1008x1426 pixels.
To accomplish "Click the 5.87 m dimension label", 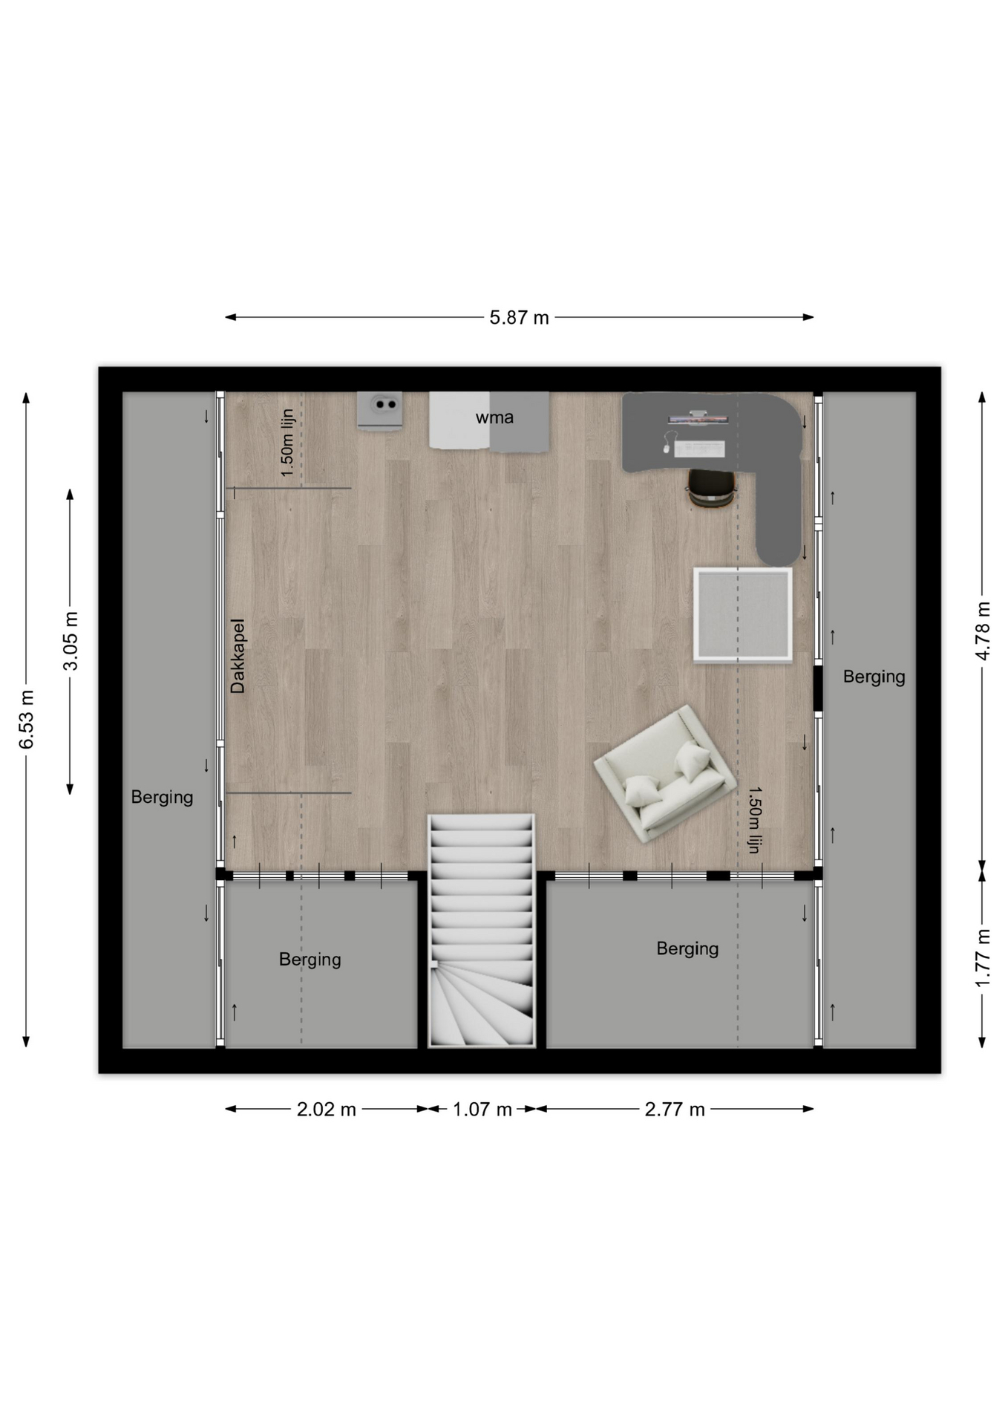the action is [x=519, y=318].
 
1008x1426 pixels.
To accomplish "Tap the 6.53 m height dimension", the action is [x=27, y=720].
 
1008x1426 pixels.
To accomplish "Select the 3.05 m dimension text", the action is [x=71, y=641].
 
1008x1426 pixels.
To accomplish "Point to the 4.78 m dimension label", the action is [x=982, y=631].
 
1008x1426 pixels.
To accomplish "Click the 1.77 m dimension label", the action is [x=982, y=958].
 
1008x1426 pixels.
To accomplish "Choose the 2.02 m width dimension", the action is [x=327, y=1110].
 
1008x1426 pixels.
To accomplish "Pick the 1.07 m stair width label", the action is [x=482, y=1110].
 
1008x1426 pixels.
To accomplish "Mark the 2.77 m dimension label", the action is [x=675, y=1110].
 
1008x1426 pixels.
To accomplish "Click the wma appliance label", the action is [x=494, y=417].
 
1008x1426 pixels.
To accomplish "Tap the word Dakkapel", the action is [x=238, y=656].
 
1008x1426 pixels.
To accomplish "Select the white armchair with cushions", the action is [x=665, y=773].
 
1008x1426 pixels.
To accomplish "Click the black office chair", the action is [x=711, y=487].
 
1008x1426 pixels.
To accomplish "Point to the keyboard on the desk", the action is [x=699, y=449].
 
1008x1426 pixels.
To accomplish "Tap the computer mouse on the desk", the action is [x=667, y=449].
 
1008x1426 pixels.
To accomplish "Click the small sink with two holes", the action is [x=380, y=410].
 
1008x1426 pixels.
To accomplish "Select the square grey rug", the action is [x=743, y=614].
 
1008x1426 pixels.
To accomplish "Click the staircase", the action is [x=482, y=931].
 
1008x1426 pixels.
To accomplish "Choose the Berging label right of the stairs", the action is [x=687, y=948].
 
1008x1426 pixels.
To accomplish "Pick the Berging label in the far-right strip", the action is [x=874, y=677].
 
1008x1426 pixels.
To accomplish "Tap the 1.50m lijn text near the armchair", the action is [x=755, y=820].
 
